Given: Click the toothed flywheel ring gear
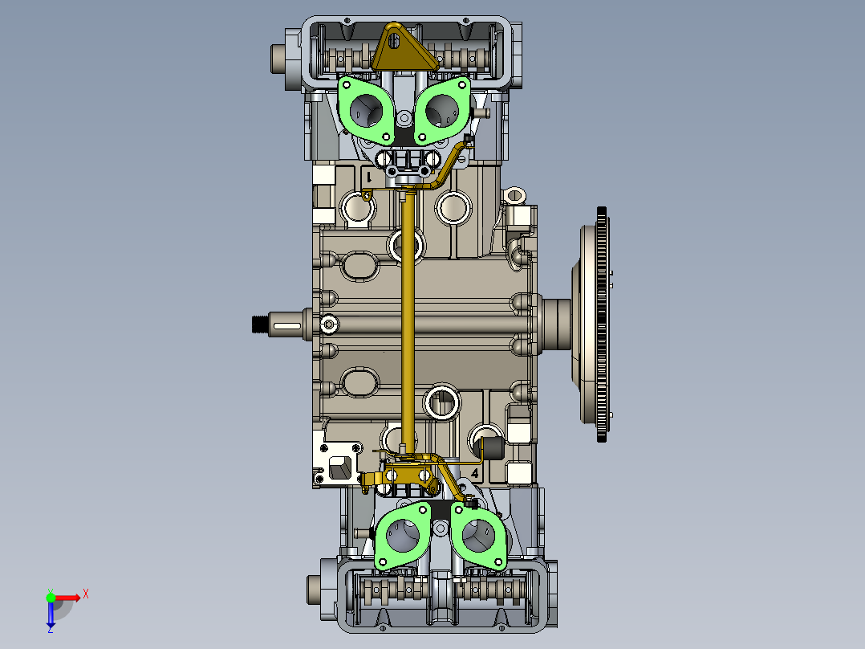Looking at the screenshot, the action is pos(602,324).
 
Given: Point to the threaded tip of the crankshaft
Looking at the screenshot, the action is pos(259,324).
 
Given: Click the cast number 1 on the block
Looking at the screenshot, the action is pos(369,177).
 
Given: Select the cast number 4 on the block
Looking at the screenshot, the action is pos(475,473).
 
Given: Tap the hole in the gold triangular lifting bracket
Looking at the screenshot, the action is pos(393,41).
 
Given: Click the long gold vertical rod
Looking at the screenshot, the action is pos(408,320).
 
